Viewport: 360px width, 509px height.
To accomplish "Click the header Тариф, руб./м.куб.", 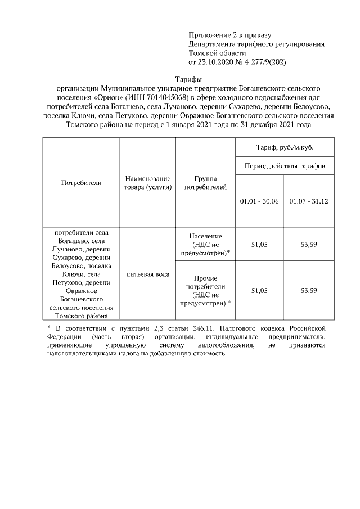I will click(x=285, y=147).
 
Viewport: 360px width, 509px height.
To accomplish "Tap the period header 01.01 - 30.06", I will click(x=259, y=201).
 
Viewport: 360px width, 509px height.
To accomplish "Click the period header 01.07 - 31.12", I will click(x=309, y=201).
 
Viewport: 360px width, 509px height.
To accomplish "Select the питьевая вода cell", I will click(x=148, y=274).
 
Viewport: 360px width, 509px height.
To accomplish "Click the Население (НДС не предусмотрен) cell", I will click(x=206, y=245).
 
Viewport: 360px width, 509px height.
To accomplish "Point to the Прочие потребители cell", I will click(x=206, y=290).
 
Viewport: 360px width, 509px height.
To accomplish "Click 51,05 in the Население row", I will click(x=259, y=245).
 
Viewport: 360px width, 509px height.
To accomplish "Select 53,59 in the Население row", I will click(x=309, y=245).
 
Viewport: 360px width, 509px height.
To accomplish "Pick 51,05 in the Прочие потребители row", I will click(x=259, y=290).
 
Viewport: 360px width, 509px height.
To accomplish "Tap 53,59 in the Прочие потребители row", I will click(x=309, y=290).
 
